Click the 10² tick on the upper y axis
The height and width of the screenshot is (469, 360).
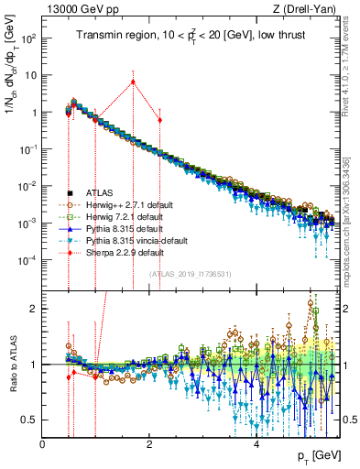pyautogui.click(x=27, y=39)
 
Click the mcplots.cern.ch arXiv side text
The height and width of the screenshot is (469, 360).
pyautogui.click(x=353, y=211)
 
